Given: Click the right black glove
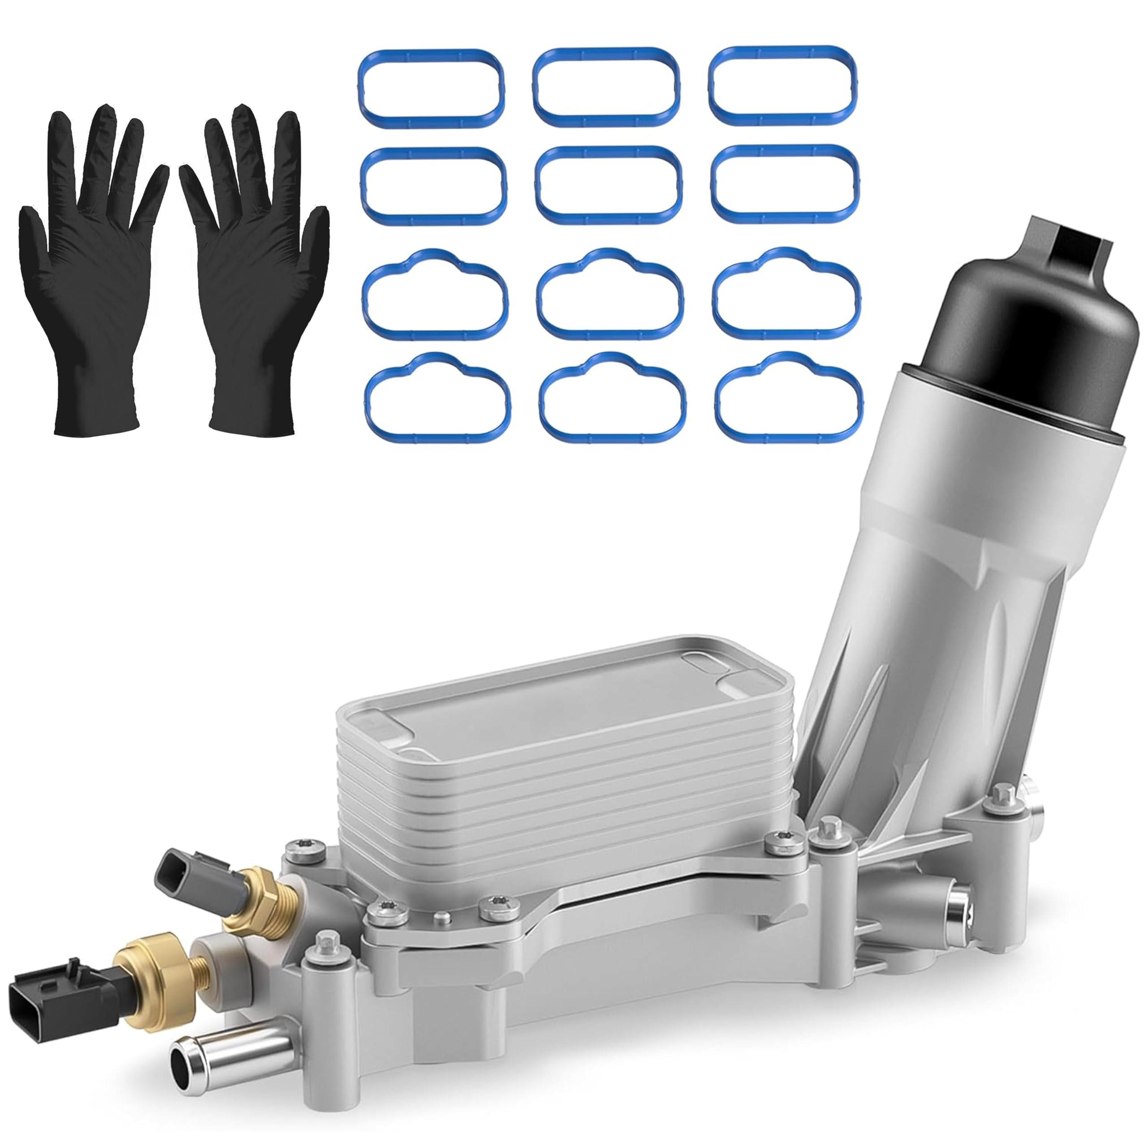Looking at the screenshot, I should coord(255,285).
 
